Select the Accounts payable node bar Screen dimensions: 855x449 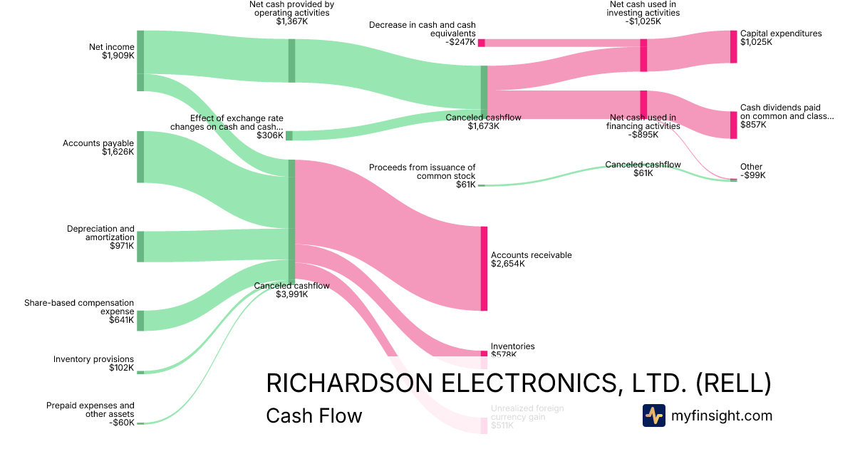[x=140, y=157]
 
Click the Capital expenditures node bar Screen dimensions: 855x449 [x=733, y=47]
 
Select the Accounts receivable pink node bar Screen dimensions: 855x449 [x=484, y=268]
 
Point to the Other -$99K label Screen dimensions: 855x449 [x=752, y=171]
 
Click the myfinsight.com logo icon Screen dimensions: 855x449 [x=653, y=416]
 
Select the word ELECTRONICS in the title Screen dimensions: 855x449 [x=500, y=383]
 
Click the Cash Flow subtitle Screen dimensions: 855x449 [x=313, y=416]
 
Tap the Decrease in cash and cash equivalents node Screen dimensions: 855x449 [x=482, y=43]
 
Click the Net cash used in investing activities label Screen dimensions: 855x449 [x=644, y=13]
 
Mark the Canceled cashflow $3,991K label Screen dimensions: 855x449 [x=292, y=290]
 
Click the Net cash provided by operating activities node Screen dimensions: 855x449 [x=291, y=61]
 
